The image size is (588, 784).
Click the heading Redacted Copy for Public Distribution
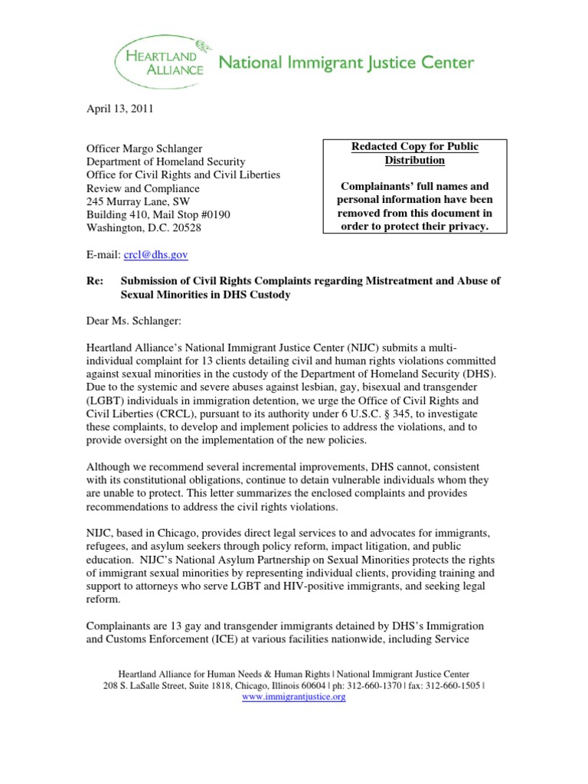pyautogui.click(x=414, y=153)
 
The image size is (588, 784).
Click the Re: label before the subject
pyautogui.click(x=93, y=281)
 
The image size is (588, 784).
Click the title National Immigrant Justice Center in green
pyautogui.click(x=347, y=62)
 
